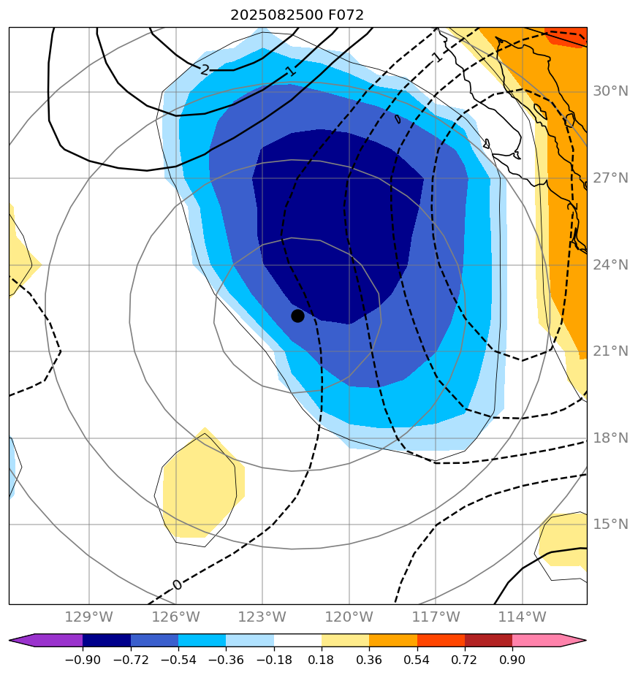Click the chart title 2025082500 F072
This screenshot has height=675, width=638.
[297, 15]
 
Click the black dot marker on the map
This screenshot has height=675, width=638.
[297, 316]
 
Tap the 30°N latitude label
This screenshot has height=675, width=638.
[610, 91]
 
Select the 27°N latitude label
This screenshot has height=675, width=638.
[610, 178]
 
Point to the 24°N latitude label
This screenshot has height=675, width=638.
[610, 265]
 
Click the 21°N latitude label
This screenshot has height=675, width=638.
[610, 351]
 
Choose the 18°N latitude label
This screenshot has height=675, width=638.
[610, 438]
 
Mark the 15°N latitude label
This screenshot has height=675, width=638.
[610, 525]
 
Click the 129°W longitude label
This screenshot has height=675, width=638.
[89, 617]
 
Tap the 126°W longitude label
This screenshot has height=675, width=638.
[175, 617]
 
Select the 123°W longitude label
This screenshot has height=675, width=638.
[262, 617]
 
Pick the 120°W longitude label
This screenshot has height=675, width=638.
[349, 617]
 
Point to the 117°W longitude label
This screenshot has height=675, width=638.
[436, 617]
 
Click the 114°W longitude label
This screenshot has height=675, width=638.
[522, 617]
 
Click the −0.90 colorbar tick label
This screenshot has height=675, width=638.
[83, 660]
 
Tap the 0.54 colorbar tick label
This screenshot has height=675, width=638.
[417, 660]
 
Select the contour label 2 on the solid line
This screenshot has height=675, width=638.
[205, 70]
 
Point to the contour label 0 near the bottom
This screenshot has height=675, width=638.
[177, 584]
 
